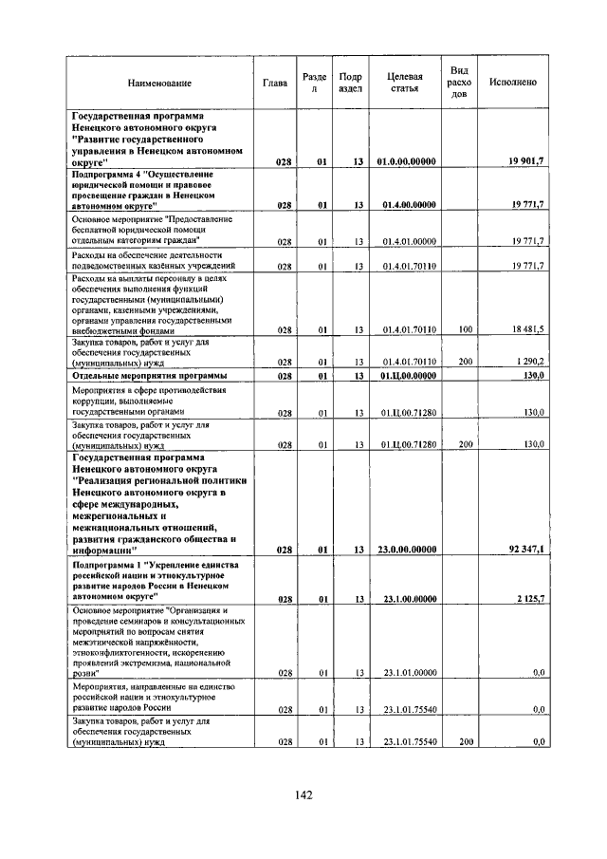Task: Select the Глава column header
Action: tap(276, 83)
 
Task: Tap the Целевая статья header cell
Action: tap(404, 83)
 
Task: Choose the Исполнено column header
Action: tap(513, 83)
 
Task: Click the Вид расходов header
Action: tap(459, 83)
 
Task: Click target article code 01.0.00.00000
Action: tap(407, 162)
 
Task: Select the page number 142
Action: tap(303, 795)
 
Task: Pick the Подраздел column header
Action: tap(349, 83)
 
